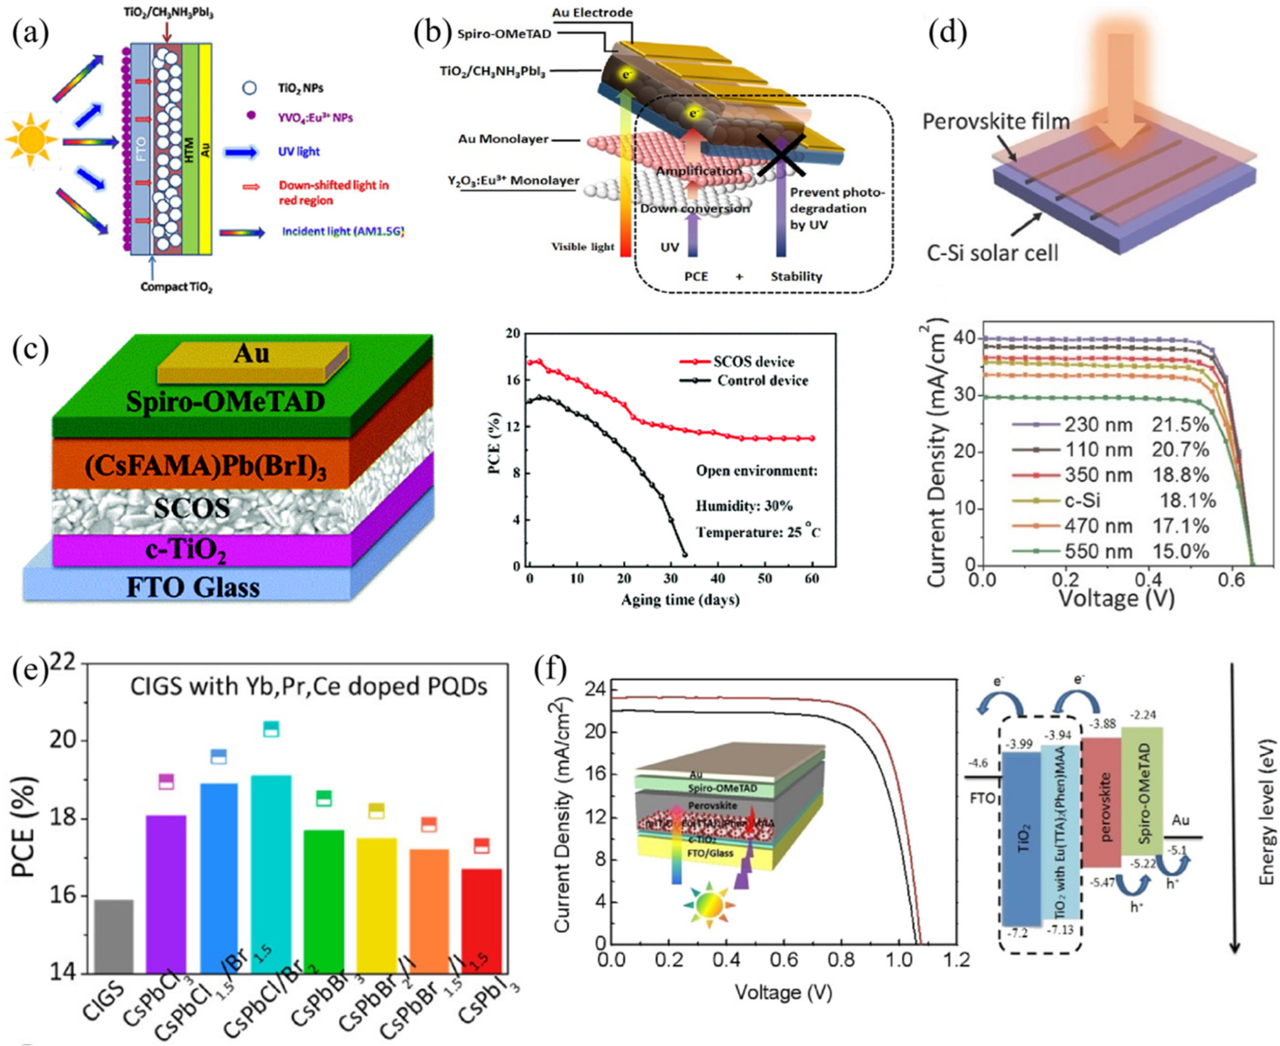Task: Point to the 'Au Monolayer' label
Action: [503, 139]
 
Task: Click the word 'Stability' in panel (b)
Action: [796, 277]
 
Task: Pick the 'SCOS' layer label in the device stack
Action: [191, 508]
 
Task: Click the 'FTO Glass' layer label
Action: [193, 587]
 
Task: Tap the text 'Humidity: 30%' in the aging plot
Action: [744, 506]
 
